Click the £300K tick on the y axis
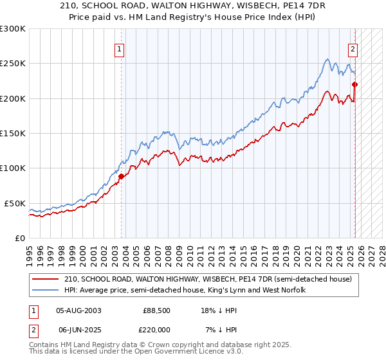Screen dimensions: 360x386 coord(13,29)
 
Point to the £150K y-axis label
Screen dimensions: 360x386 coord(13,133)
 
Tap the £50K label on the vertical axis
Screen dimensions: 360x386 coord(15,203)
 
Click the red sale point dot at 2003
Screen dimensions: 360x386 coord(121,175)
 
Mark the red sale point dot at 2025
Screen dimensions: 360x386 coord(354,84)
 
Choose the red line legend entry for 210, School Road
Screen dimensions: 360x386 coord(208,280)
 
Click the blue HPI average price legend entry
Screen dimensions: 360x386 coord(184,291)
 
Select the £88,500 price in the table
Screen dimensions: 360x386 coord(156,310)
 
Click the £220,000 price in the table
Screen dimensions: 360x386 coord(156,330)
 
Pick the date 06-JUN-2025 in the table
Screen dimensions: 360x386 coord(78,330)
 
